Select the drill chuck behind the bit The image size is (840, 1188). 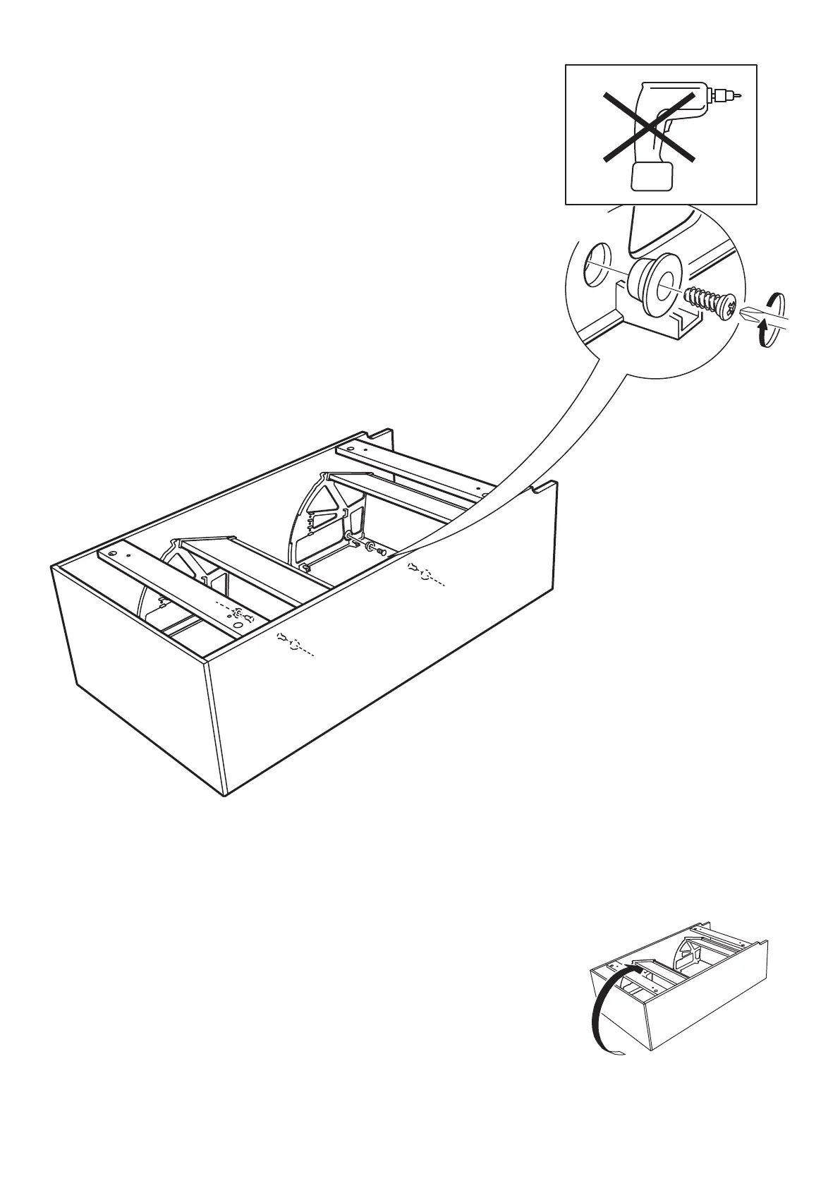(x=721, y=94)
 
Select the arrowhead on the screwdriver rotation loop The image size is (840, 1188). (x=762, y=325)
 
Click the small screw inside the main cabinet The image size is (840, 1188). (x=380, y=552)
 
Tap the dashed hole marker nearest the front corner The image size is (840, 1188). (x=296, y=643)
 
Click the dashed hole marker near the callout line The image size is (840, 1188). (x=425, y=576)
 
